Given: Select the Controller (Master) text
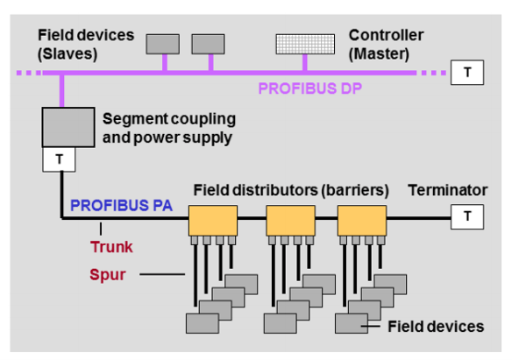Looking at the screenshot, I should [387, 43].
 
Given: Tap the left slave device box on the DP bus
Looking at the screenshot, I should [162, 41].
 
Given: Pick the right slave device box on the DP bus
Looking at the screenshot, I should [210, 41].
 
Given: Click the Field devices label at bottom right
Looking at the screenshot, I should [436, 327].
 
